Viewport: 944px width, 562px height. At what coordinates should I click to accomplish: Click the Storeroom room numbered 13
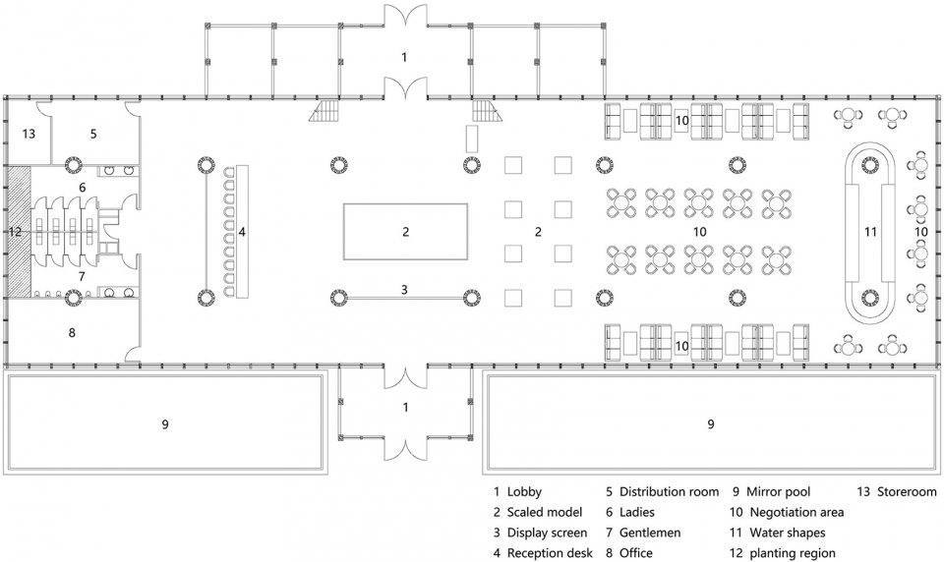pyautogui.click(x=28, y=133)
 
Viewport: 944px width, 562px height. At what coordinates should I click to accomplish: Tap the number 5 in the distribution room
pyautogui.click(x=93, y=134)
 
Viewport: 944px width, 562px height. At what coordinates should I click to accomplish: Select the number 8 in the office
pyautogui.click(x=72, y=332)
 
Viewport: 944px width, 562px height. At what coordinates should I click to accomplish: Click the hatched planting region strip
pyautogui.click(x=19, y=232)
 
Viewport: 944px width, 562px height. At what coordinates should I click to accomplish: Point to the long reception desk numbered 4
pyautogui.click(x=242, y=232)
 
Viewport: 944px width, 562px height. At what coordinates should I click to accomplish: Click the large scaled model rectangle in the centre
pyautogui.click(x=406, y=232)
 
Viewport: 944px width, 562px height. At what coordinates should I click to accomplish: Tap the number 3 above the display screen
pyautogui.click(x=404, y=290)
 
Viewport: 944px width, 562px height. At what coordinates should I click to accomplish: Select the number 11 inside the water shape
pyautogui.click(x=870, y=232)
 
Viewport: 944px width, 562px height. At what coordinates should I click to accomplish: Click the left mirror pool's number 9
pyautogui.click(x=165, y=424)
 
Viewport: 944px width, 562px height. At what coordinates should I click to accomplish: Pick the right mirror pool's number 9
pyautogui.click(x=710, y=424)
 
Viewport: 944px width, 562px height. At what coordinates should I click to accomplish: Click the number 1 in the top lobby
pyautogui.click(x=404, y=57)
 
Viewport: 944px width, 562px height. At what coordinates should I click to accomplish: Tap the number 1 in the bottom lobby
pyautogui.click(x=405, y=408)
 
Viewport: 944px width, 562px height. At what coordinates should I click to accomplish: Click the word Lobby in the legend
pyautogui.click(x=524, y=491)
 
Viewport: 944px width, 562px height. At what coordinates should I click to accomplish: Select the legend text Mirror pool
pyautogui.click(x=779, y=491)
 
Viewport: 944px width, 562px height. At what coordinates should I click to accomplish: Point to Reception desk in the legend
pyautogui.click(x=550, y=553)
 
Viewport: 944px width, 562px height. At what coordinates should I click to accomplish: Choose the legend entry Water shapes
pyautogui.click(x=788, y=533)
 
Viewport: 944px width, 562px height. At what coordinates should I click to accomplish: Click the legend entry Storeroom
pyautogui.click(x=907, y=491)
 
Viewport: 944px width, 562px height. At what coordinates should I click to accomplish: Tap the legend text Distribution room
pyautogui.click(x=669, y=491)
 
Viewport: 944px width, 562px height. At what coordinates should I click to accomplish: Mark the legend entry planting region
pyautogui.click(x=793, y=553)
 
